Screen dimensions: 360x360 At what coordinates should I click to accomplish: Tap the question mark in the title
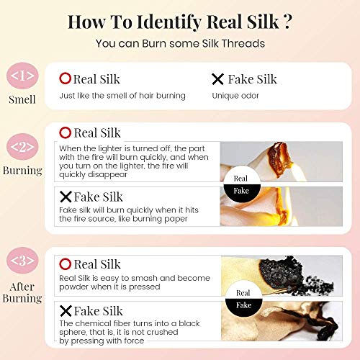(286, 21)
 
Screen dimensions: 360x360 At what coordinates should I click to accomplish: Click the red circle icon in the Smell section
(65, 78)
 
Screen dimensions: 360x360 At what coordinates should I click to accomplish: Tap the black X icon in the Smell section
(217, 78)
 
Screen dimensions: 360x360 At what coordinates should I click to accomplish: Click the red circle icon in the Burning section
(65, 132)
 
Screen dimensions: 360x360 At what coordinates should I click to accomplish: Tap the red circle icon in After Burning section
(65, 264)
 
